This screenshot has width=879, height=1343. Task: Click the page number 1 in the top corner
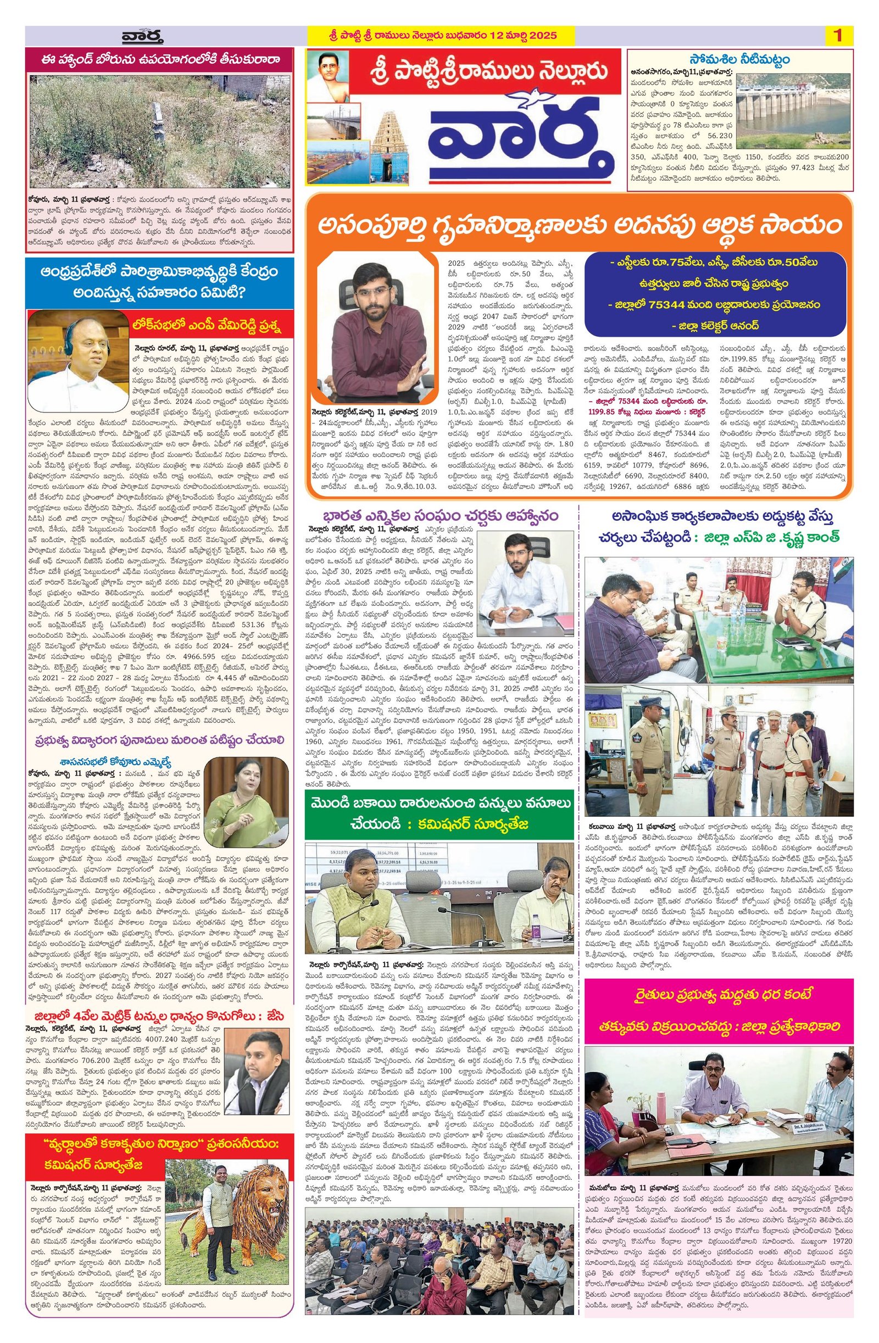(x=837, y=36)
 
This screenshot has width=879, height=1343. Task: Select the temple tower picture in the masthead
(x=387, y=144)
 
